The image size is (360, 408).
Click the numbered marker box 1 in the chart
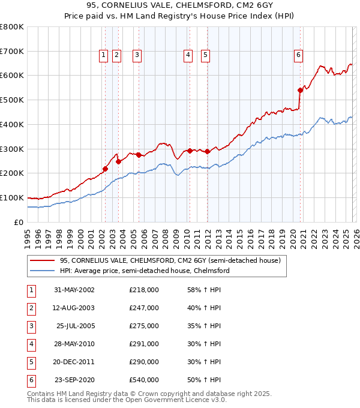click(x=104, y=55)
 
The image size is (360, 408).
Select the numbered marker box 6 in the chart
click(x=298, y=55)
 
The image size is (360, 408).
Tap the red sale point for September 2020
click(x=300, y=90)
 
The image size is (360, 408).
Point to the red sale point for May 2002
click(x=106, y=169)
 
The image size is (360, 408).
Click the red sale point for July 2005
click(x=139, y=155)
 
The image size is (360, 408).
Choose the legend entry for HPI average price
click(x=144, y=271)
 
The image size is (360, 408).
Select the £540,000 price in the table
click(x=144, y=380)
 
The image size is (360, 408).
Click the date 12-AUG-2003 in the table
click(x=74, y=308)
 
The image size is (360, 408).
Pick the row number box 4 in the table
click(x=31, y=344)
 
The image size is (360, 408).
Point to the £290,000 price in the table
click(x=144, y=362)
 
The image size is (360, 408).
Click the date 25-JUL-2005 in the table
click(x=74, y=326)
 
